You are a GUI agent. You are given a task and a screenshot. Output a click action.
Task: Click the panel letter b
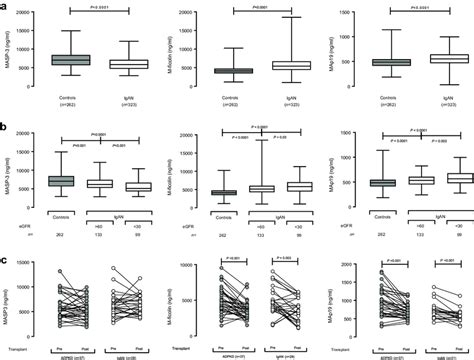point(6,128)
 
